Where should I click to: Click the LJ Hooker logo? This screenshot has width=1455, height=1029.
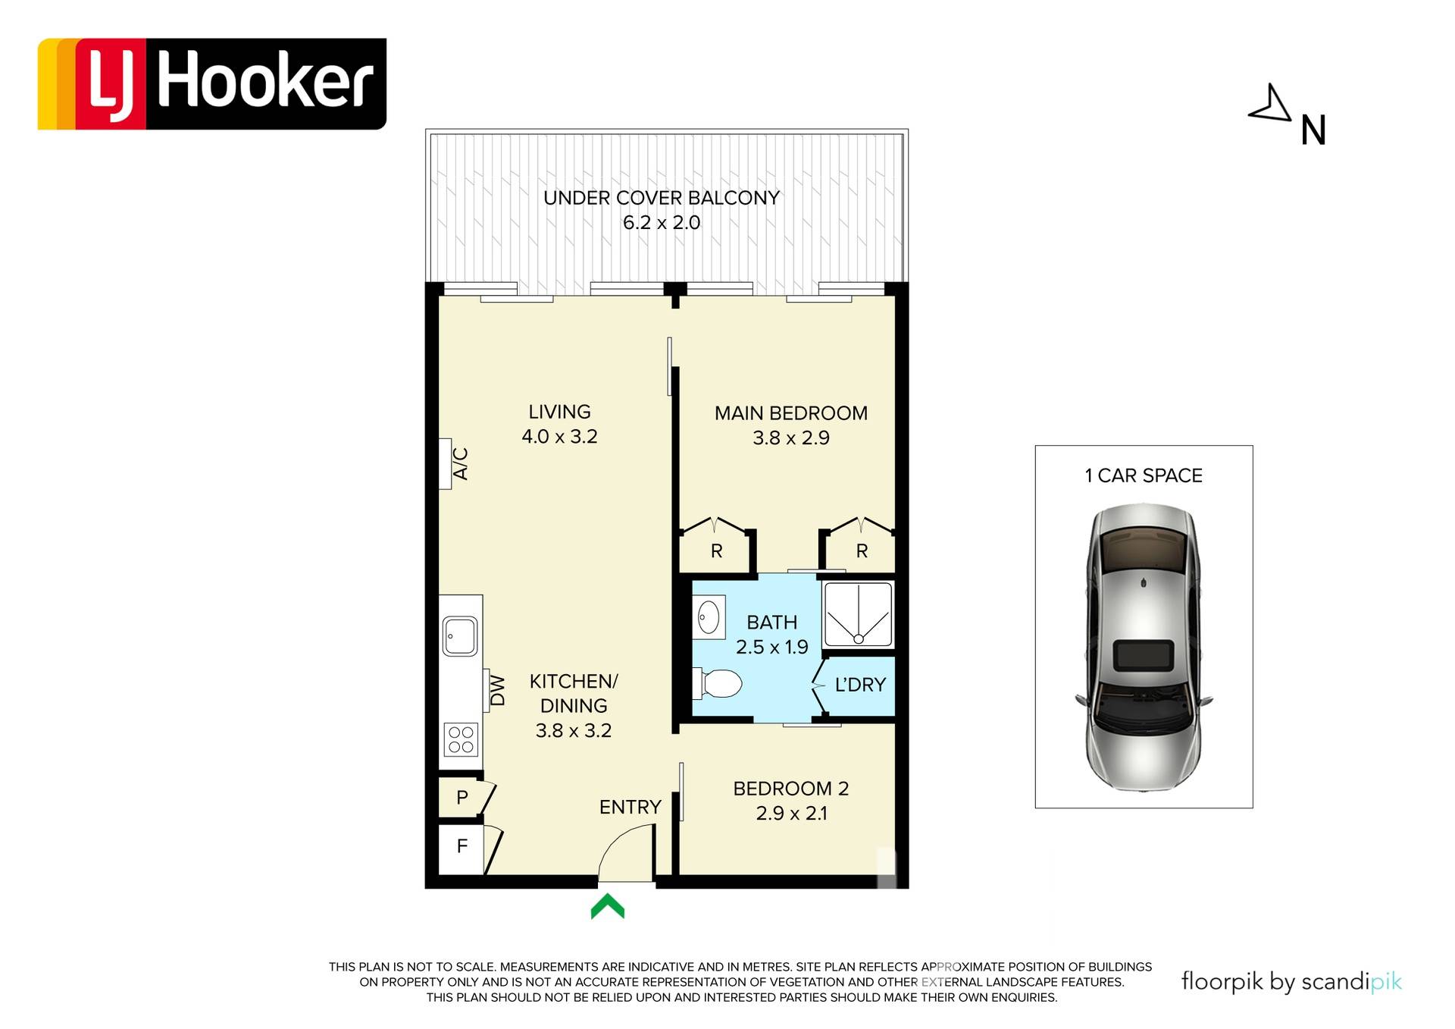pos(212,83)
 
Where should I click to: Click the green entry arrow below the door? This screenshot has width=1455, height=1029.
pos(608,906)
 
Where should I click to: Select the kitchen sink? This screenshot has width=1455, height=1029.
pos(460,636)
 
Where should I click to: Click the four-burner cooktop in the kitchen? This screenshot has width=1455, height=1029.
pos(461,740)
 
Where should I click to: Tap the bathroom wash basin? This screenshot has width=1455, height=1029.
pos(709,617)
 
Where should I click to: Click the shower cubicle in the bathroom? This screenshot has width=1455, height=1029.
pos(858,614)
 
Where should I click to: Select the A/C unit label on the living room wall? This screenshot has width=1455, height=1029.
pos(460,464)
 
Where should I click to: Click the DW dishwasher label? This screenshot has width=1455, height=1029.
pos(497,691)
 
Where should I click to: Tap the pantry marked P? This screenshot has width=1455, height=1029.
pos(462,797)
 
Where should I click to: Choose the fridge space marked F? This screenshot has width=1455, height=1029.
pos(462,846)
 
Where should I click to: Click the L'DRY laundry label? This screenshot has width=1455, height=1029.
pos(860,685)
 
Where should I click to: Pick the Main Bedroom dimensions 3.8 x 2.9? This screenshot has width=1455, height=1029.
pos(791,438)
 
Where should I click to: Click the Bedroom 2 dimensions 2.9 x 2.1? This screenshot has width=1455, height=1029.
pos(791,814)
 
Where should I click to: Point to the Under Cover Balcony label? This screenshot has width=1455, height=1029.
pos(662,198)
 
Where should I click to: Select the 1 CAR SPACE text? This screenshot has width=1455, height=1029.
pos(1144,475)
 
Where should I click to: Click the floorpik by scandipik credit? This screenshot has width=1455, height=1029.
pos(1291,981)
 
